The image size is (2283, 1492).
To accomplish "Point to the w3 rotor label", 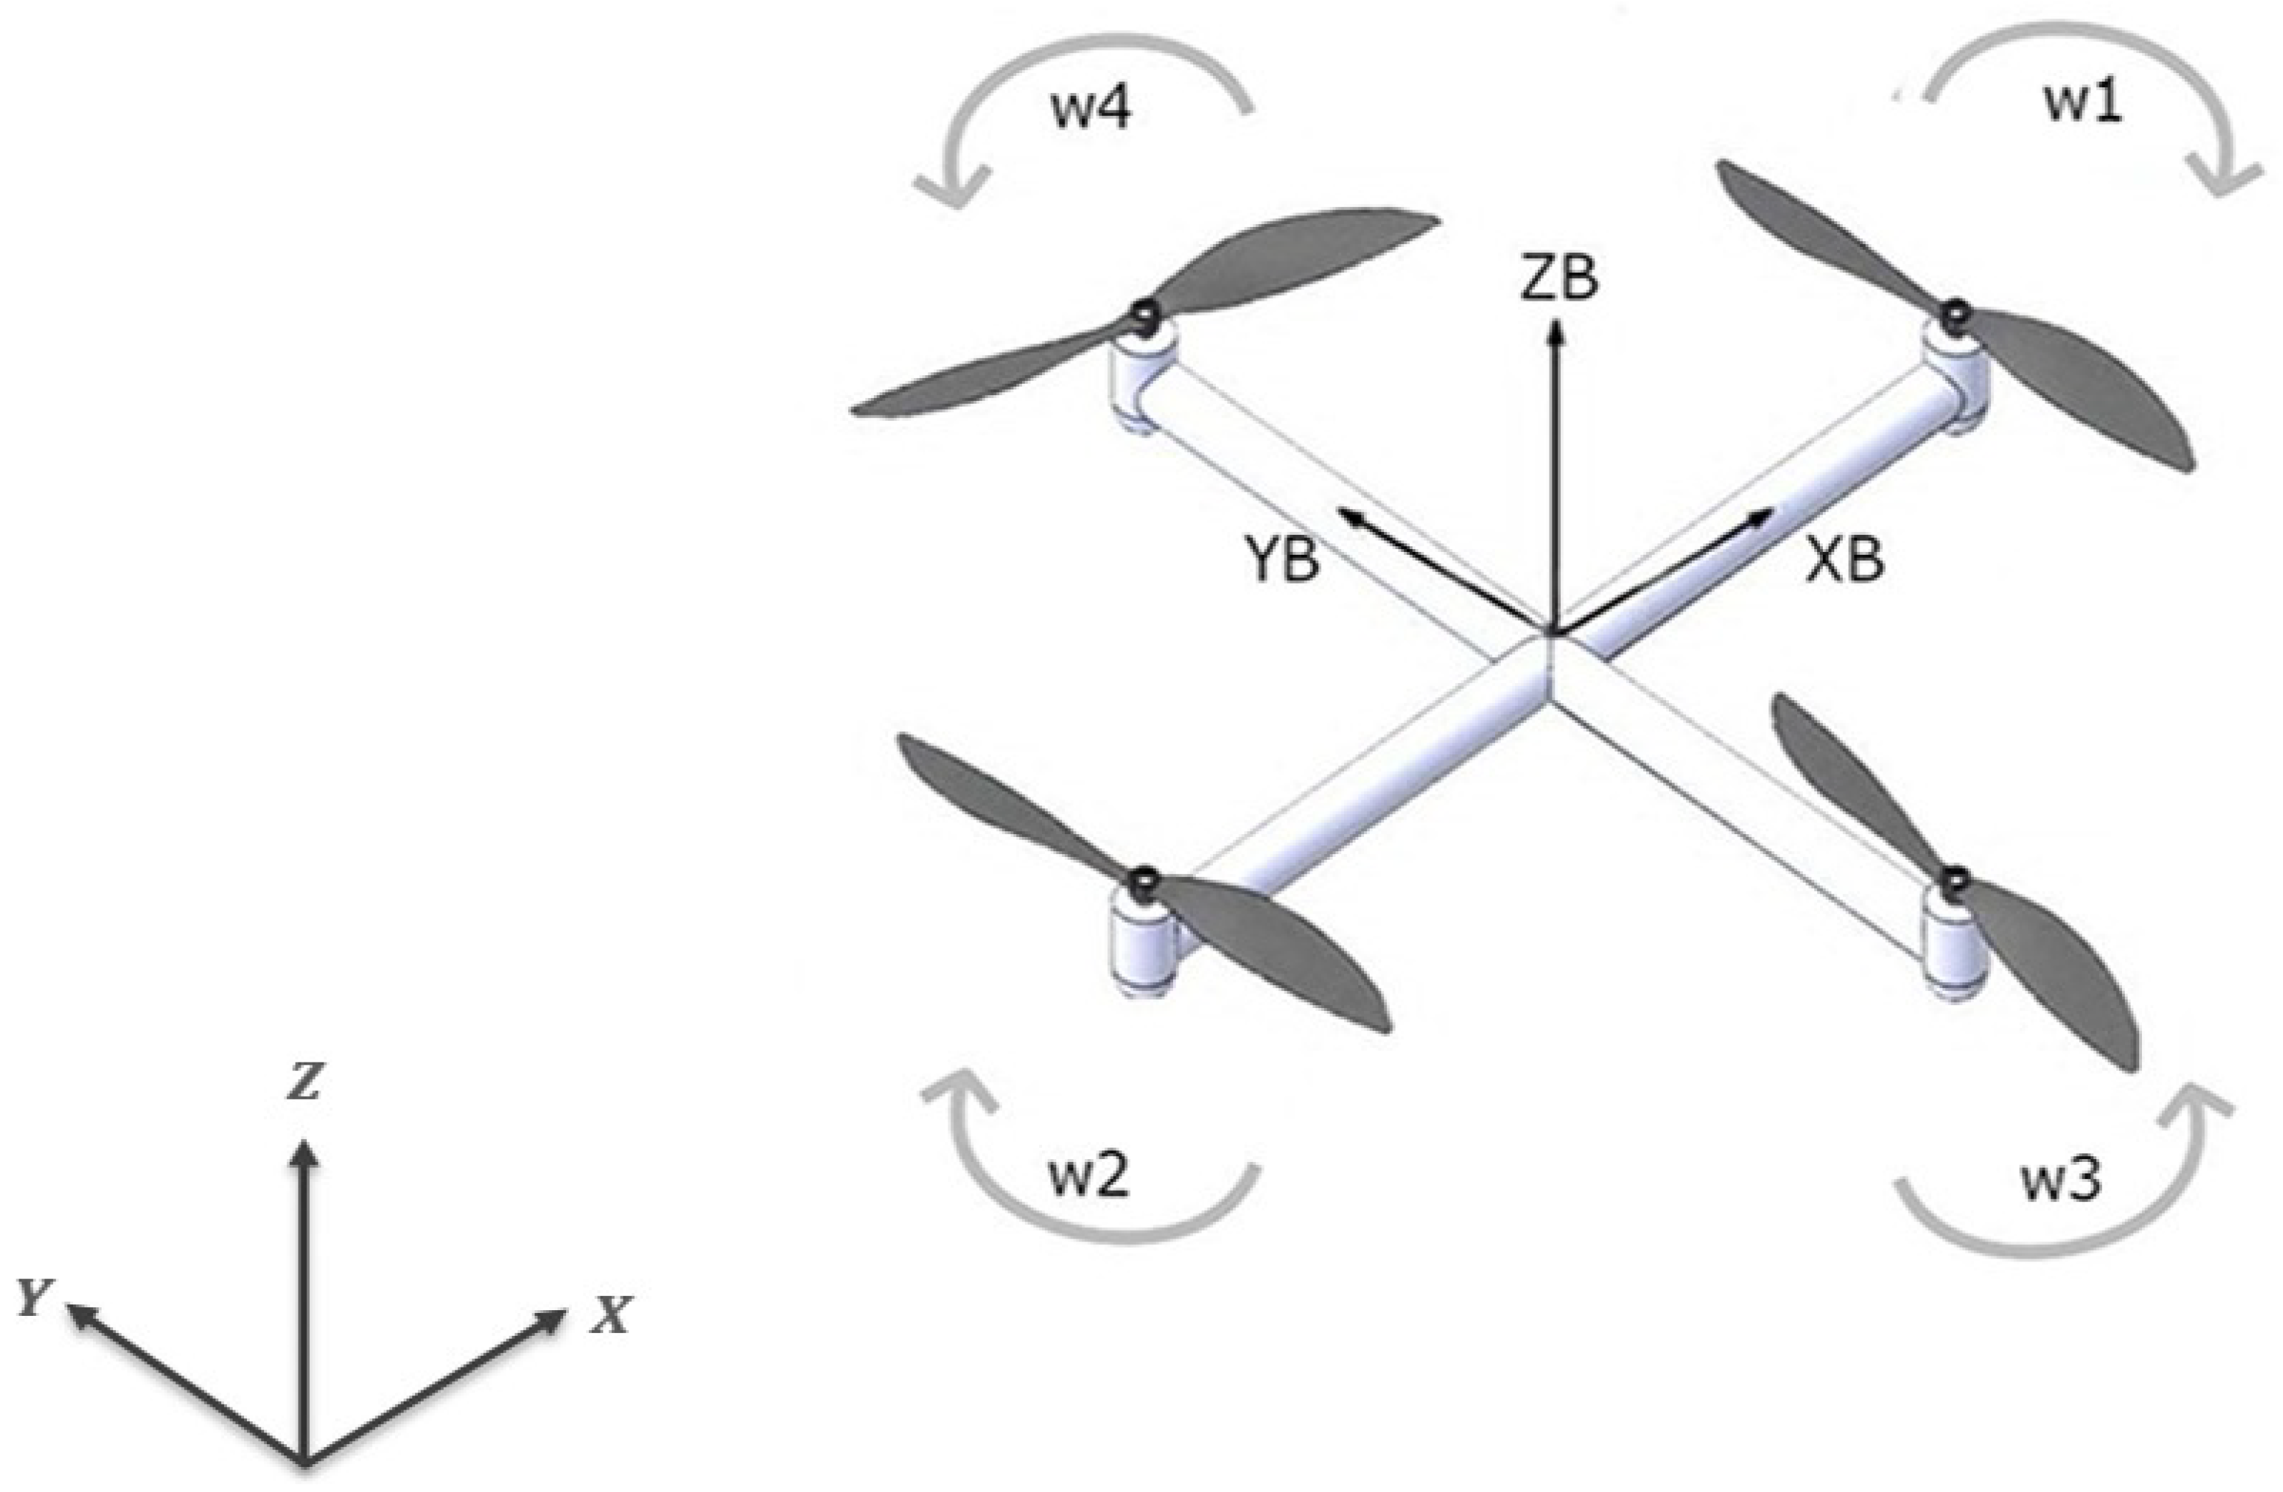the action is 2063,1181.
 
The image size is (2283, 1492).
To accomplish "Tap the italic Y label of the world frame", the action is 34,1298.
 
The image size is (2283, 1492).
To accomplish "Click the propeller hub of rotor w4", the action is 1142,313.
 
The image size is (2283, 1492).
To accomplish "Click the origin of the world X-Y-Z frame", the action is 304,1462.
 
